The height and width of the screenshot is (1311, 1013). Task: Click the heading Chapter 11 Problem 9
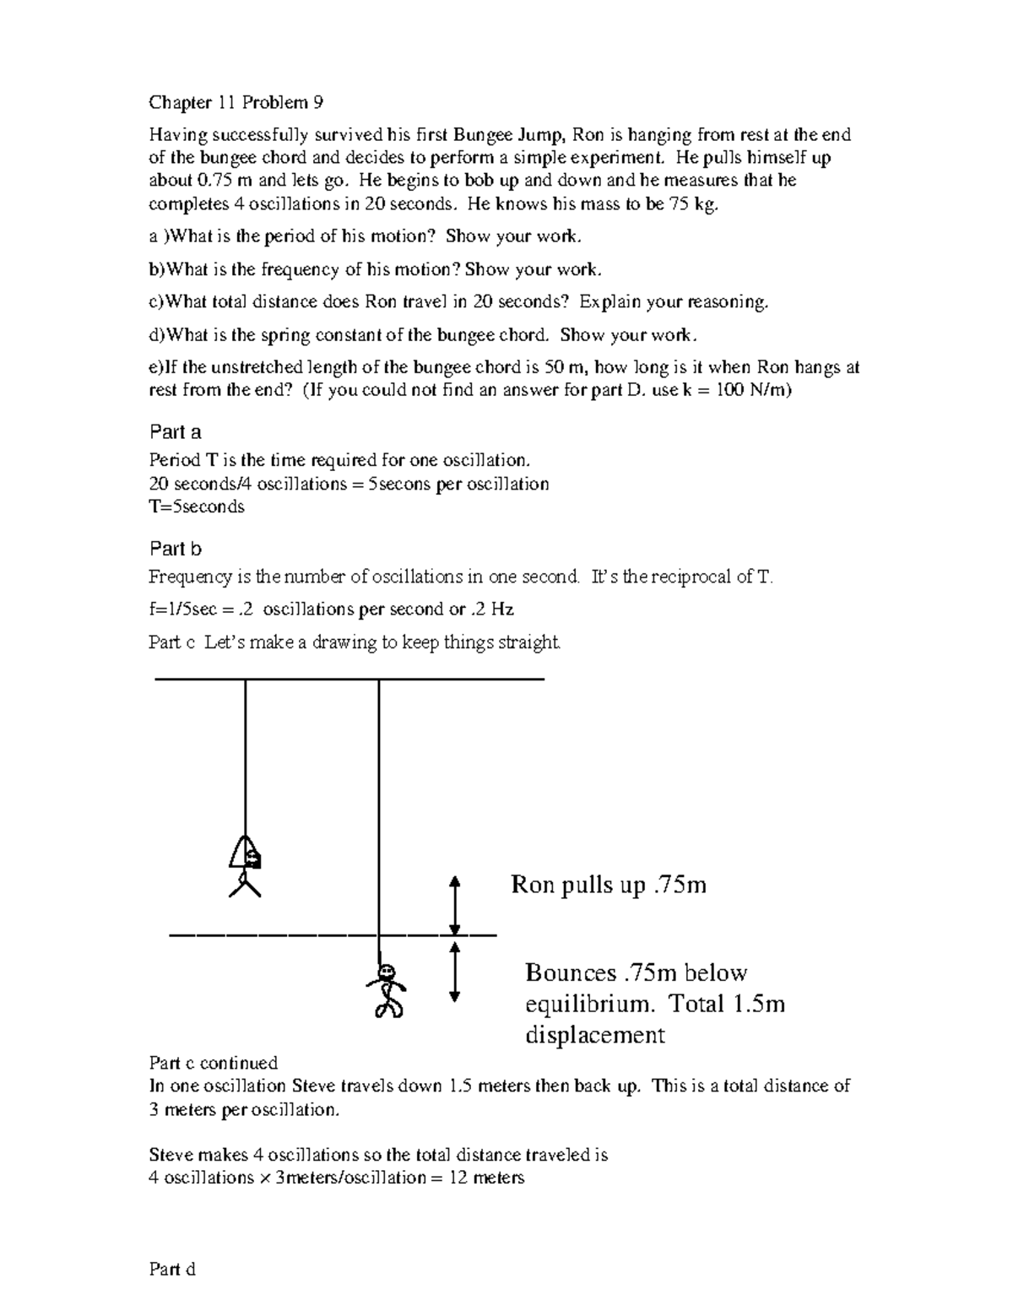coord(236,103)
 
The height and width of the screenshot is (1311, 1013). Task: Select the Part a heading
coord(175,432)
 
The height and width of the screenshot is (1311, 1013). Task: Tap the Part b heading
coord(175,549)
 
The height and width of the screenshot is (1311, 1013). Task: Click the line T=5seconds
coord(196,507)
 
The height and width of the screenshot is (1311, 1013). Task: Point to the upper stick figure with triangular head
coord(245,865)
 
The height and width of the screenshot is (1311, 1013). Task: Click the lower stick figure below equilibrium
coord(387,989)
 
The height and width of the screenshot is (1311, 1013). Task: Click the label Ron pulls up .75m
coord(609,885)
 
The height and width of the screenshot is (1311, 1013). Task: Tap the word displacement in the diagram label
coord(594,1035)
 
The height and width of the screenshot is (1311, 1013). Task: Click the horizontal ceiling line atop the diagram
coord(349,679)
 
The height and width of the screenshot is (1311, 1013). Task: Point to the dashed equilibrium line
coord(333,934)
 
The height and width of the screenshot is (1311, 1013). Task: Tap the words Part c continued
coord(213,1063)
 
